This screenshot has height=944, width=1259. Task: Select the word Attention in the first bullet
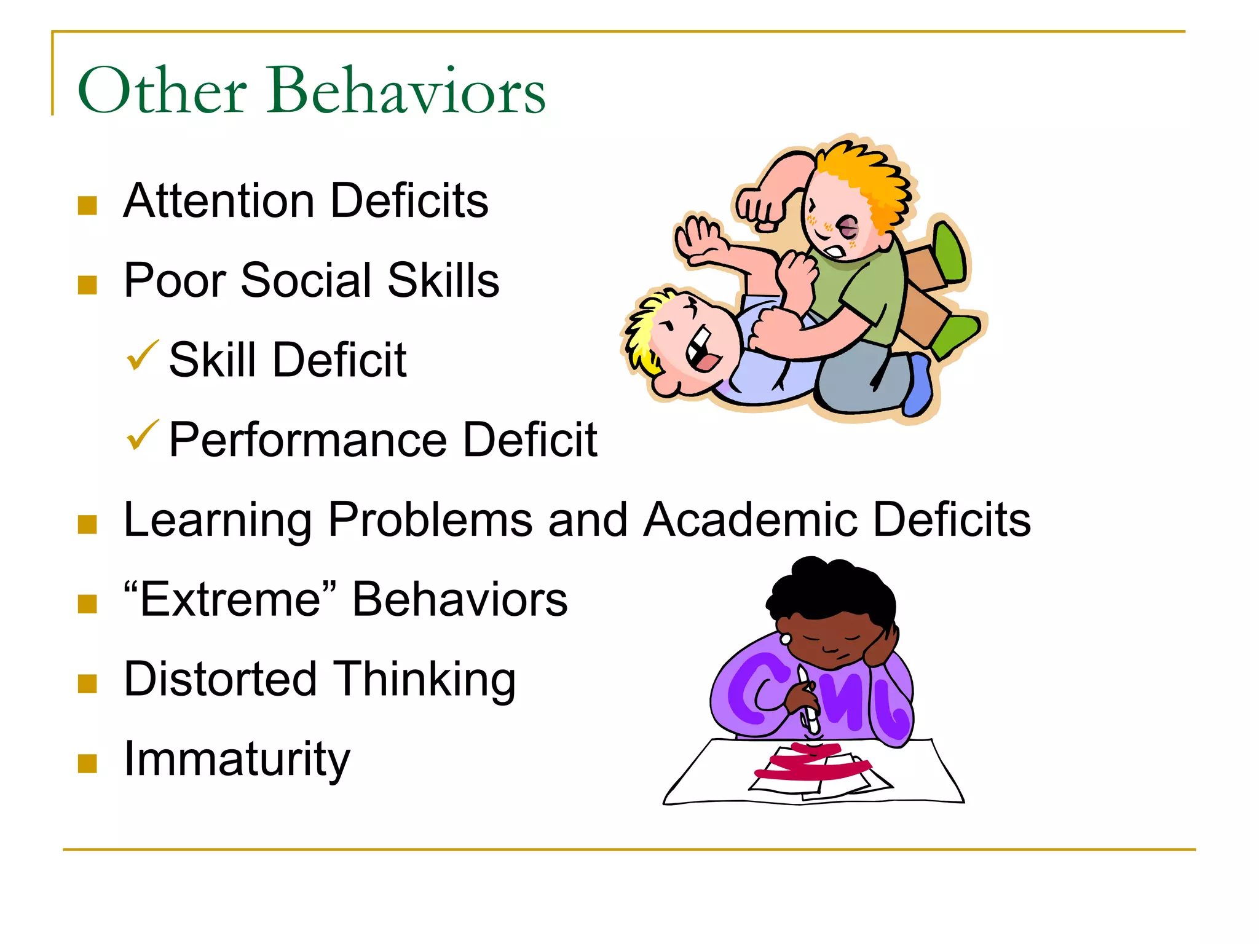219,201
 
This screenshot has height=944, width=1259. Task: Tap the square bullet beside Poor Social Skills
88,285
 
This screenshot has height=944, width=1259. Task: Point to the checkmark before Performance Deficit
142,435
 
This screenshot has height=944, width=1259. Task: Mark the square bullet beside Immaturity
88,763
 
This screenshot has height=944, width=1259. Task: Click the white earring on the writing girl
786,639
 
